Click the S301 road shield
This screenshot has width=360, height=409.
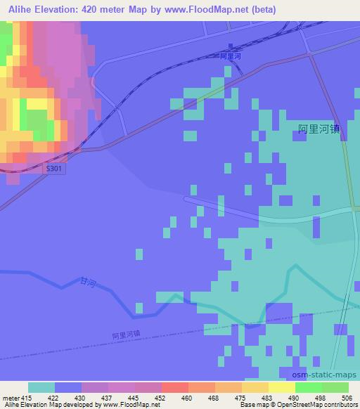coord(53,170)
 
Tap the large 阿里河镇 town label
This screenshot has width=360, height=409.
coord(323,129)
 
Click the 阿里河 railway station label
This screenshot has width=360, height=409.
coord(230,55)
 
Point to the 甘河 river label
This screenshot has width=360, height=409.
coord(86,281)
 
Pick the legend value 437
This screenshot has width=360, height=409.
coord(108,398)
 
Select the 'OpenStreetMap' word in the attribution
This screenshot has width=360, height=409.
coord(292,405)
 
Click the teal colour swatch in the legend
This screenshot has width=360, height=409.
coord(41,387)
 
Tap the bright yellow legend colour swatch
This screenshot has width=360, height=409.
coord(282,387)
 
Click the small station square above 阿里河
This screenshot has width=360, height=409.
coord(231,47)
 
